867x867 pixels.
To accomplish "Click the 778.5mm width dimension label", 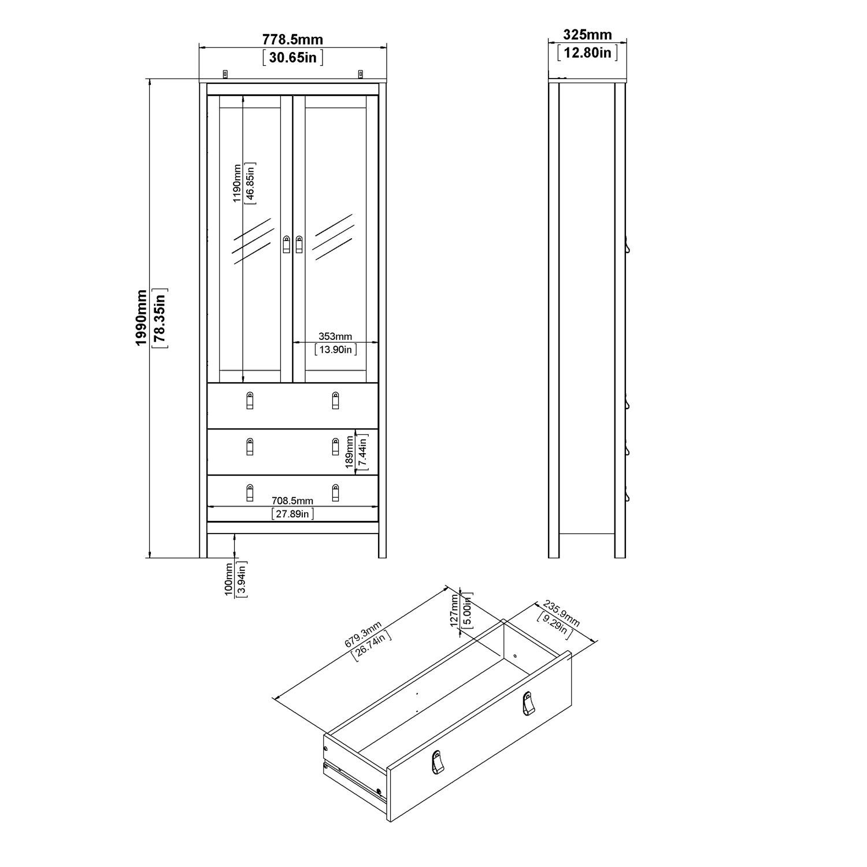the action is tap(292, 39).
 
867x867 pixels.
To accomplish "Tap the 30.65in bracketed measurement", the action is tap(292, 57).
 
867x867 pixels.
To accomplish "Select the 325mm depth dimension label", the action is tap(587, 35).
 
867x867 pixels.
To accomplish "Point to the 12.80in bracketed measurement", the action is tap(587, 53).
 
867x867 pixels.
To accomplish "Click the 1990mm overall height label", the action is tap(141, 318).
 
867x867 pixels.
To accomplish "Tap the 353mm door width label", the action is tap(335, 336).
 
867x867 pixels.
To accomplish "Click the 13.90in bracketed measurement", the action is tap(335, 349).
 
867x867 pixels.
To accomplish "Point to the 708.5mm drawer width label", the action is tap(292, 501).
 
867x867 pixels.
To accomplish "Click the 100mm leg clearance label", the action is tap(229, 579).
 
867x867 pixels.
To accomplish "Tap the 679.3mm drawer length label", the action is tap(363, 634).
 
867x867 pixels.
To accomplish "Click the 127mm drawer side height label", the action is tap(454, 610).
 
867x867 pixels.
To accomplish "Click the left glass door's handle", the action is tap(287, 244).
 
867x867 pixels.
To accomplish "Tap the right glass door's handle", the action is tap(299, 244).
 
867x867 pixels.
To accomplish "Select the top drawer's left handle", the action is tap(250, 400).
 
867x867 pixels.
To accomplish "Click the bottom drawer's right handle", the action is tap(335, 492).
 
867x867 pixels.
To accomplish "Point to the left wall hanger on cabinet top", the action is tap(225, 73).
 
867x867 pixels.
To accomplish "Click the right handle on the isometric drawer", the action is tap(527, 703).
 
